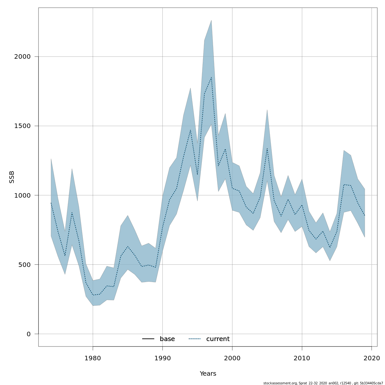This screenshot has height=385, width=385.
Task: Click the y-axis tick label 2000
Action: point(22,57)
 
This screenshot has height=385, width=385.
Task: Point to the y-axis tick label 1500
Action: point(22,126)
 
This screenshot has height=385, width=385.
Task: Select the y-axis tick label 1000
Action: point(22,195)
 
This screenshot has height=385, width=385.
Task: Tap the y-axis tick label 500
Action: point(24,265)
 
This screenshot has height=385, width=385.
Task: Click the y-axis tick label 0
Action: point(29,334)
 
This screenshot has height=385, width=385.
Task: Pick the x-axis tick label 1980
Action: point(93,358)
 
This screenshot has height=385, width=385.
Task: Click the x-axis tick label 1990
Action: point(162,358)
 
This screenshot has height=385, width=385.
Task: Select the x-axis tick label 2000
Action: point(232,358)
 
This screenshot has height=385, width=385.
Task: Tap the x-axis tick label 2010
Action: point(302,358)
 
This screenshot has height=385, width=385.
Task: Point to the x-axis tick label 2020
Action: point(372,358)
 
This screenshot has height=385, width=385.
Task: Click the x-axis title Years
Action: point(208,374)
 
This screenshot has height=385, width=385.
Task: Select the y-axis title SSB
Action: point(12,177)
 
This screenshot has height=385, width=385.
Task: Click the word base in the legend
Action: point(167,339)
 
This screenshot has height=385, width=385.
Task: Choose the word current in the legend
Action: point(218,339)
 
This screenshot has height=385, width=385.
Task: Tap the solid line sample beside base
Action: point(149,339)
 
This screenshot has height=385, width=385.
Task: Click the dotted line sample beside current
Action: point(195,339)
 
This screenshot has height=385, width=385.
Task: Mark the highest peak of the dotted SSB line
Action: point(211,77)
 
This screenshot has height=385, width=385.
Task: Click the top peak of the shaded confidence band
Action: point(211,20)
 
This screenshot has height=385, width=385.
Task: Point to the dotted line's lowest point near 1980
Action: point(93,295)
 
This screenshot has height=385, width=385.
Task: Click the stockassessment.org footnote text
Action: point(323,383)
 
